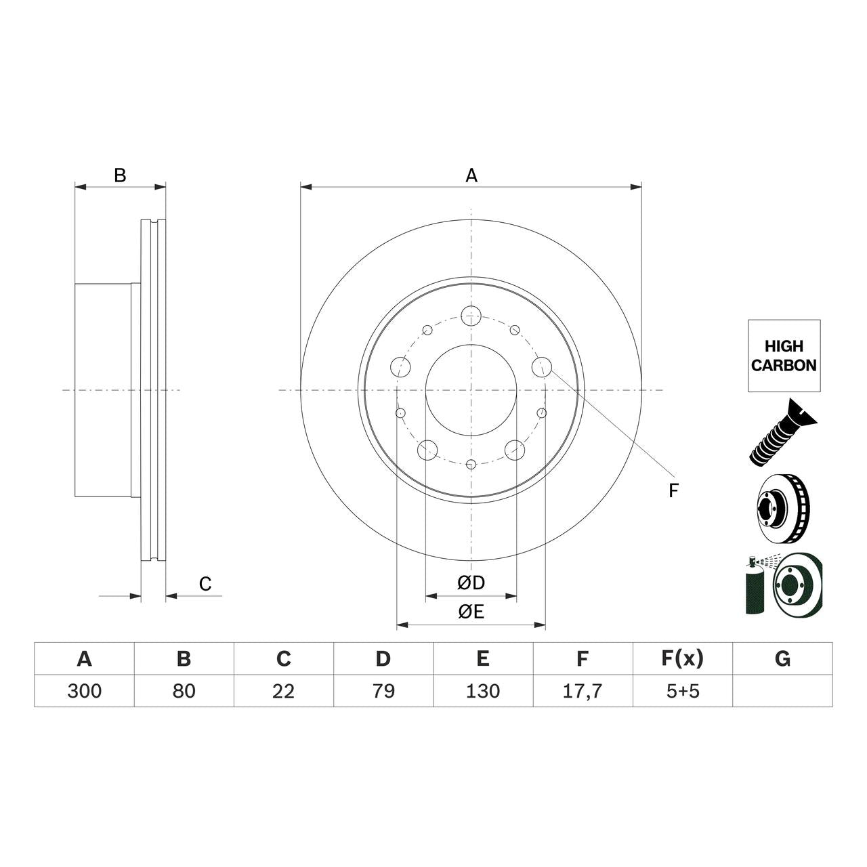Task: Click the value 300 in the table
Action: [x=85, y=691]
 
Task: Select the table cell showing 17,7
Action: [x=583, y=691]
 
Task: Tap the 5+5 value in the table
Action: [x=682, y=691]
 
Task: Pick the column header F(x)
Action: [x=682, y=658]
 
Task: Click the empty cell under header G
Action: [x=782, y=691]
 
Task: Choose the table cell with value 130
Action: [x=483, y=691]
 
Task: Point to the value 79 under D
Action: [x=383, y=691]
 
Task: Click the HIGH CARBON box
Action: [x=784, y=356]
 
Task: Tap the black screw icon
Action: [x=782, y=433]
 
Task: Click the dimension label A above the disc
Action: [x=471, y=175]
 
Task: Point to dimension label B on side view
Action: [x=120, y=175]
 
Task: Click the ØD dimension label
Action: [x=471, y=583]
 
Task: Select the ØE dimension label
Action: [x=471, y=612]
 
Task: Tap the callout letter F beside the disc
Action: [x=673, y=490]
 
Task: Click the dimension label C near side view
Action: [x=205, y=583]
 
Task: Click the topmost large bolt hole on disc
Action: [x=471, y=315]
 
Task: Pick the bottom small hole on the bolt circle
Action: [x=471, y=464]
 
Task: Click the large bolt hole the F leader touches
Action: [x=542, y=367]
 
